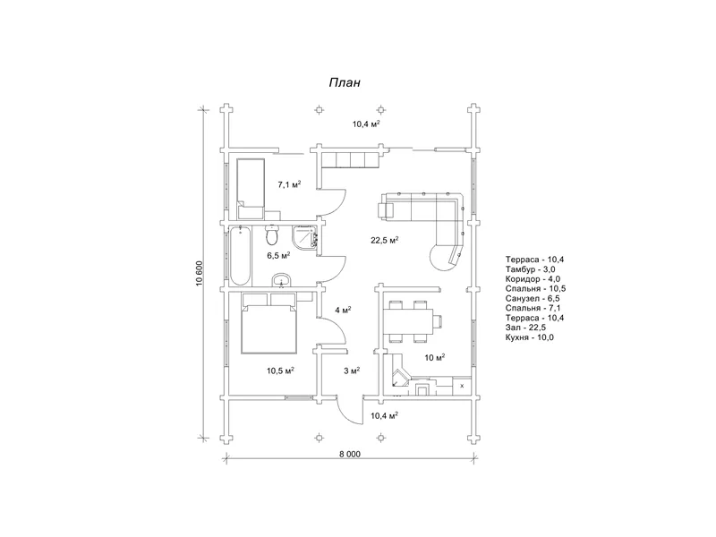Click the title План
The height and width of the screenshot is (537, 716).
pos(345,82)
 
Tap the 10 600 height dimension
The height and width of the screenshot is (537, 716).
pos(200,273)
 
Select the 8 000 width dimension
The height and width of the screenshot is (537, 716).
pos(350,454)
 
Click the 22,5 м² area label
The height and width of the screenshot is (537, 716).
pos(385,240)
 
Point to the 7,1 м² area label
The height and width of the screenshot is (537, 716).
pos(289,184)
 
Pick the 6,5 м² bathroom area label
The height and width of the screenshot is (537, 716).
pos(278,255)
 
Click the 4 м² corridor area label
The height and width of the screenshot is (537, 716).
pos(343,310)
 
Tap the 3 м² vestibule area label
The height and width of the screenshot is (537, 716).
pos(352,371)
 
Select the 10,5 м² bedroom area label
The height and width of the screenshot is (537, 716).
pos(280,371)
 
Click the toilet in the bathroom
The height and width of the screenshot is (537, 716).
pos(272,234)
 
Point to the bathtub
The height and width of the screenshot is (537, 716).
pos(240,255)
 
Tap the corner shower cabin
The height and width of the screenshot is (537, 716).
pos(304,237)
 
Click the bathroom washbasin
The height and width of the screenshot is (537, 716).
pos(282,280)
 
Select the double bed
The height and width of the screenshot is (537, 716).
pos(269,323)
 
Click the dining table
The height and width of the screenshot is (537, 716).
pos(407,321)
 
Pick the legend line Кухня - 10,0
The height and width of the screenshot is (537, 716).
pos(530,337)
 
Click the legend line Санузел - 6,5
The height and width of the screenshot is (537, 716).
pos(533,299)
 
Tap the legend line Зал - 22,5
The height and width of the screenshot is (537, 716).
pos(525,328)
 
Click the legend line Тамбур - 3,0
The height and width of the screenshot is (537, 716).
pos(530,269)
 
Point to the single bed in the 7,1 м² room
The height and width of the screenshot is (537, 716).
pos(251,189)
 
